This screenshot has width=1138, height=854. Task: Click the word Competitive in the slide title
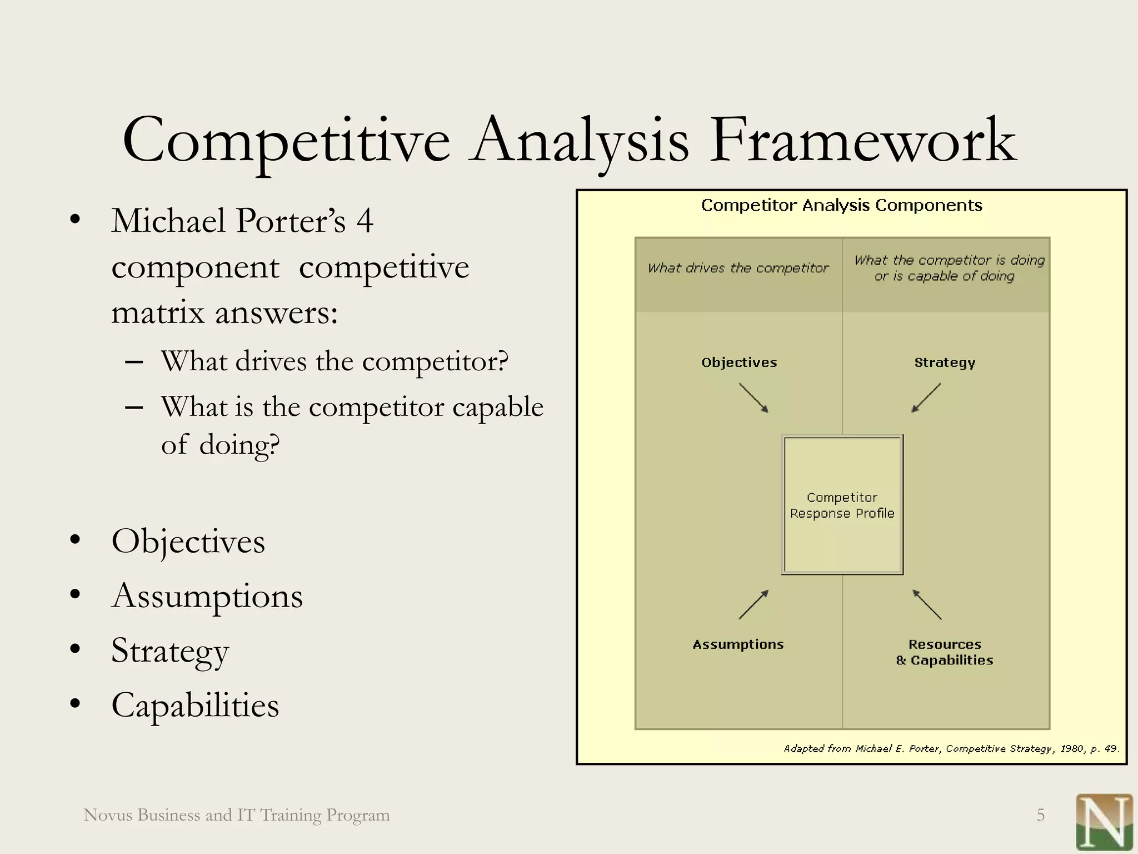click(286, 140)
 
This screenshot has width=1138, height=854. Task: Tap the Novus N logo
click(1104, 822)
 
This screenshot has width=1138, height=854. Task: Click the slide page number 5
click(1040, 815)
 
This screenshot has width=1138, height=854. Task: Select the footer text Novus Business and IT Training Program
click(237, 815)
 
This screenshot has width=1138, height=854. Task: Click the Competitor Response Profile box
click(842, 505)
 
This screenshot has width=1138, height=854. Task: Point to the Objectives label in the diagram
click(738, 363)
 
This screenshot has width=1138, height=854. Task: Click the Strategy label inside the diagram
click(945, 363)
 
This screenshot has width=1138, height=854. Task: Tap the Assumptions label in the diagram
click(738, 644)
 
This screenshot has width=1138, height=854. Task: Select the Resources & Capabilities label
click(945, 652)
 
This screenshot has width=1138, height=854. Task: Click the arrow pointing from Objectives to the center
click(753, 398)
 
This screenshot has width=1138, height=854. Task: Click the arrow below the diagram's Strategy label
click(926, 398)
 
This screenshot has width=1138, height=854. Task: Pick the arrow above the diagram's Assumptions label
click(753, 604)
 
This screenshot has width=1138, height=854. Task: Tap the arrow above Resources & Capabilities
click(927, 604)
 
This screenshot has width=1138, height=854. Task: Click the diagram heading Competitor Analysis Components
click(841, 205)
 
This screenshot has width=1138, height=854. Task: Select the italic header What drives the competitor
click(738, 268)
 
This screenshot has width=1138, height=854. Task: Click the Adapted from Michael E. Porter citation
click(951, 748)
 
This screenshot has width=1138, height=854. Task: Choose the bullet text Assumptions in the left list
click(207, 596)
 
